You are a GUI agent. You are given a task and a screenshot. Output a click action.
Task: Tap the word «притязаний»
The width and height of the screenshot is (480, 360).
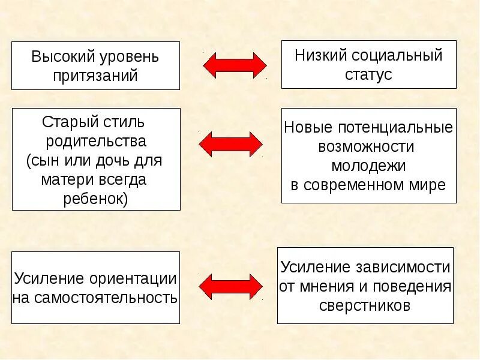click(x=96, y=76)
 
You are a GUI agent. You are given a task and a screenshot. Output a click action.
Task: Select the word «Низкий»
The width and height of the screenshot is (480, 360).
click(x=316, y=56)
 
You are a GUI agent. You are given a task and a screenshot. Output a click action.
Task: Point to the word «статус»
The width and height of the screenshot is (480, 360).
click(x=368, y=74)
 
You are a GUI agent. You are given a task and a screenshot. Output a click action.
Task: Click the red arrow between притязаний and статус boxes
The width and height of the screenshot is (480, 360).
click(x=235, y=65)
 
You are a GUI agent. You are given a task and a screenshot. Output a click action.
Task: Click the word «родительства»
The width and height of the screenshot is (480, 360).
click(x=96, y=142)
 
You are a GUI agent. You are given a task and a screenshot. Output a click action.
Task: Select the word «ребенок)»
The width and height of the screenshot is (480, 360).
click(x=96, y=199)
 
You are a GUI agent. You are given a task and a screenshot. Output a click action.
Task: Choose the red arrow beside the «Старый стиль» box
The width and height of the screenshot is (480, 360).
click(x=230, y=144)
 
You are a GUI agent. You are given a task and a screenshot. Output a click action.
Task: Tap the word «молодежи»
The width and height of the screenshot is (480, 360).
click(x=368, y=165)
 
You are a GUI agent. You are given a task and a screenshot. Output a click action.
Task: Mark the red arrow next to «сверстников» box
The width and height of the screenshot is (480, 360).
click(x=230, y=286)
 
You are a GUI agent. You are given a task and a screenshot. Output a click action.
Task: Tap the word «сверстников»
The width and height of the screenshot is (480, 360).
click(x=365, y=305)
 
